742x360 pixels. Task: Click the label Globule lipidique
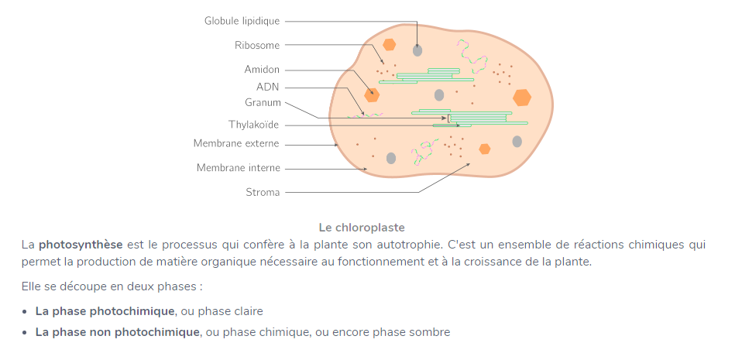tap(242, 21)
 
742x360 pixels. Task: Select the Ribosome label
tap(257, 45)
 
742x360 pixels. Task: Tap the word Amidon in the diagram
tap(262, 70)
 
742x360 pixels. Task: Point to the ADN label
tap(268, 87)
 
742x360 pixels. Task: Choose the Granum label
tap(263, 102)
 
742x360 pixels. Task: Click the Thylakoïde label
tap(253, 124)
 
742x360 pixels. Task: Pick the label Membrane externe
tap(236, 143)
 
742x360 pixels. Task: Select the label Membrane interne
tap(239, 167)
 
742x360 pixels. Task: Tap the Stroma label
tap(263, 192)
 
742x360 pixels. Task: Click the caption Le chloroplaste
tap(362, 228)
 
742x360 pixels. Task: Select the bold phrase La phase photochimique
tap(105, 311)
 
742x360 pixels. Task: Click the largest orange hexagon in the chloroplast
tap(523, 97)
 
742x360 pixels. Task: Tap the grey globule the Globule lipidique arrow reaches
tap(417, 50)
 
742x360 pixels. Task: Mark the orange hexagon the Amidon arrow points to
tap(373, 94)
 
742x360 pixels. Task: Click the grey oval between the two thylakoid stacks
tap(439, 94)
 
